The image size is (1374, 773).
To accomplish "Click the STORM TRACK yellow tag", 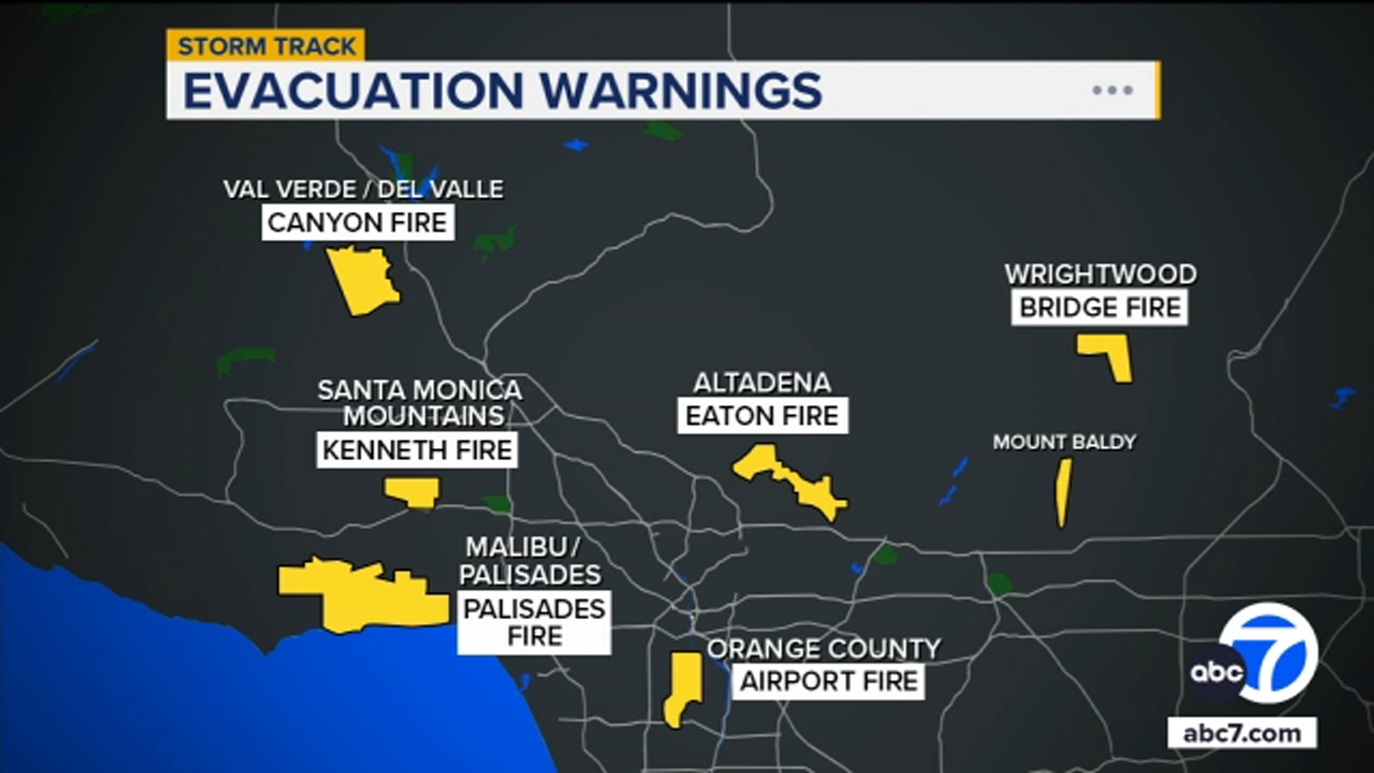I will click(266, 46).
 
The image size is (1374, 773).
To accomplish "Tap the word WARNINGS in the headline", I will click(681, 91).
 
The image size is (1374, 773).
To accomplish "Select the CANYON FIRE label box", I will click(357, 223).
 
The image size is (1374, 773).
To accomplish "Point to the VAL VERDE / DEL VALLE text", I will click(363, 190).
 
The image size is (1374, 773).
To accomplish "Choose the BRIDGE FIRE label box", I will click(1099, 308).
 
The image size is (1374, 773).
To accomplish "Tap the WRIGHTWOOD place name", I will click(1100, 274).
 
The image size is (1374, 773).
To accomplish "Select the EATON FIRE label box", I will click(762, 416).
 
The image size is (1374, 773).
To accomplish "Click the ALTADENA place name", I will click(762, 383).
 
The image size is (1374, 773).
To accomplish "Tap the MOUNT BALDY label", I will click(1064, 442).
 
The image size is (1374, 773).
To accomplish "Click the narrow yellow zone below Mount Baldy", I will click(1063, 492).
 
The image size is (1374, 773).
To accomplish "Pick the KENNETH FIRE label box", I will click(417, 450).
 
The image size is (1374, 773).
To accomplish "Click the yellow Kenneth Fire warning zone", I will click(413, 492).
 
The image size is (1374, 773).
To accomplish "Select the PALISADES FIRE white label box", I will click(534, 622).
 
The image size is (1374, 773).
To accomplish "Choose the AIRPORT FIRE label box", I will click(828, 681).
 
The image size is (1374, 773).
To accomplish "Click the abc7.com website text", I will click(1242, 734).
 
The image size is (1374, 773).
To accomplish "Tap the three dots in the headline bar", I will click(1112, 90).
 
